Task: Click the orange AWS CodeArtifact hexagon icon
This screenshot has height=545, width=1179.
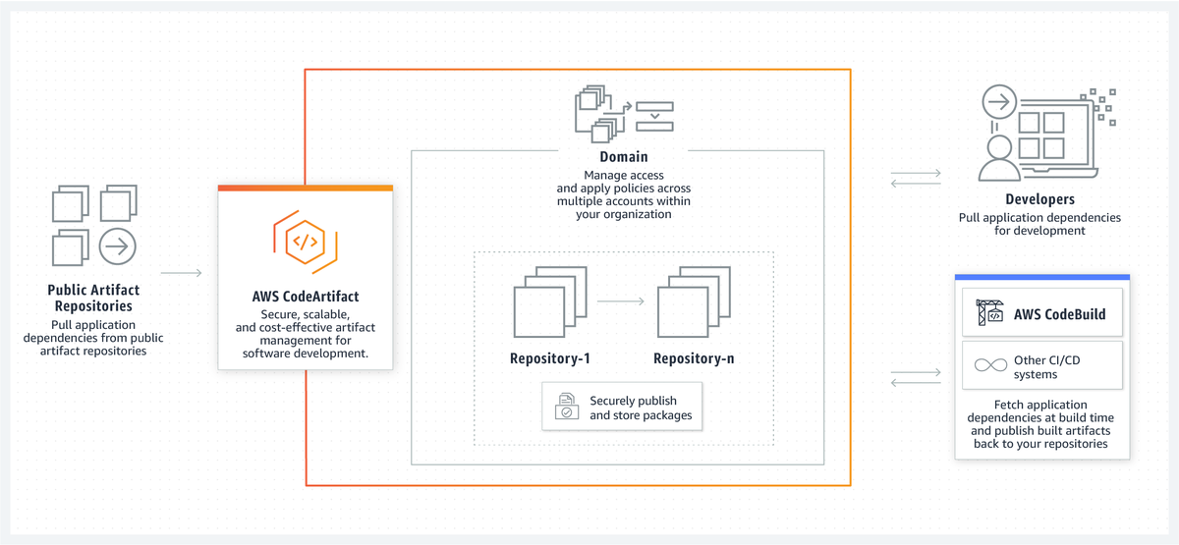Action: tap(305, 241)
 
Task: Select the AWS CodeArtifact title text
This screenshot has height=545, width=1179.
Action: tap(305, 296)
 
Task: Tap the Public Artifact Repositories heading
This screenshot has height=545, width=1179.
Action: tap(93, 298)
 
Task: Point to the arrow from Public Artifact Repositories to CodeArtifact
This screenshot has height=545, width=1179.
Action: tap(181, 273)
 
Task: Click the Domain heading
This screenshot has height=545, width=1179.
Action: tap(623, 157)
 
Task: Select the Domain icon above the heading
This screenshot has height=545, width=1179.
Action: tap(623, 112)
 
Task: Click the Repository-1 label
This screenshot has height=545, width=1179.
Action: tap(550, 358)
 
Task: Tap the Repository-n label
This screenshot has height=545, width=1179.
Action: tap(694, 358)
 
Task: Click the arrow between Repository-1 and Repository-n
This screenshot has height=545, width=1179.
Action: tap(621, 301)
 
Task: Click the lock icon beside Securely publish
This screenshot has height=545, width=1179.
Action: tap(568, 408)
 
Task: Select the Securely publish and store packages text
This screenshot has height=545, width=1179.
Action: tap(641, 408)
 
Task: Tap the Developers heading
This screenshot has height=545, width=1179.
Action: tap(1039, 199)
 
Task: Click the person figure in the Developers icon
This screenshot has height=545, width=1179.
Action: tap(998, 159)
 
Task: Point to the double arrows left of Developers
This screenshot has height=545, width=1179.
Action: tap(915, 179)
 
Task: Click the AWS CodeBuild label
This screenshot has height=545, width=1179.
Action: tap(1059, 314)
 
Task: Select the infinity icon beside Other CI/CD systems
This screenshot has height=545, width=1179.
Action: tap(987, 365)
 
